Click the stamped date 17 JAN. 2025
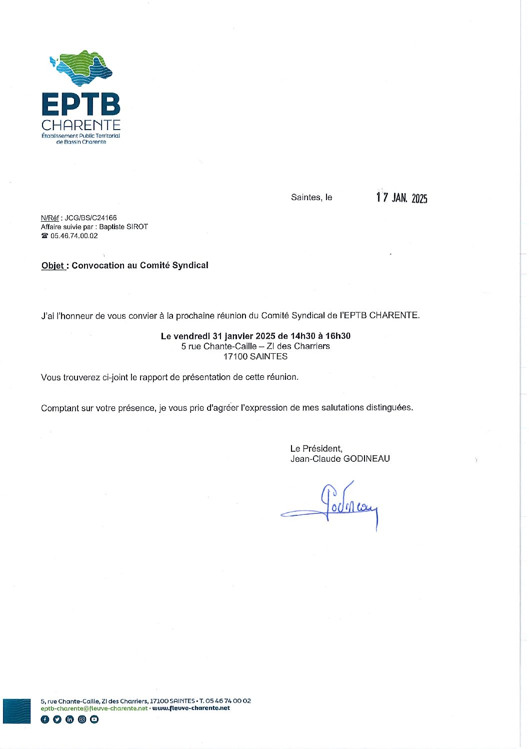point(401,198)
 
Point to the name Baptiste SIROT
point(123,227)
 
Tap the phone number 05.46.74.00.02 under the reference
point(74,236)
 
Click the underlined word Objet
point(53,266)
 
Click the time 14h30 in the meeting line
point(303,336)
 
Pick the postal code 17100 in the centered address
point(235,357)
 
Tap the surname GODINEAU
point(366,459)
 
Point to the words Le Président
point(316,449)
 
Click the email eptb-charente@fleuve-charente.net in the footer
point(94,708)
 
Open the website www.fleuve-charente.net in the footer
point(191,708)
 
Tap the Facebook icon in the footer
point(44,719)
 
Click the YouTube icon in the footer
point(94,719)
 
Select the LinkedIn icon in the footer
point(69,719)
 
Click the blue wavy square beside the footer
point(16,711)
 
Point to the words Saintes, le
point(311,198)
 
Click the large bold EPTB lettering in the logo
point(81,105)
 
